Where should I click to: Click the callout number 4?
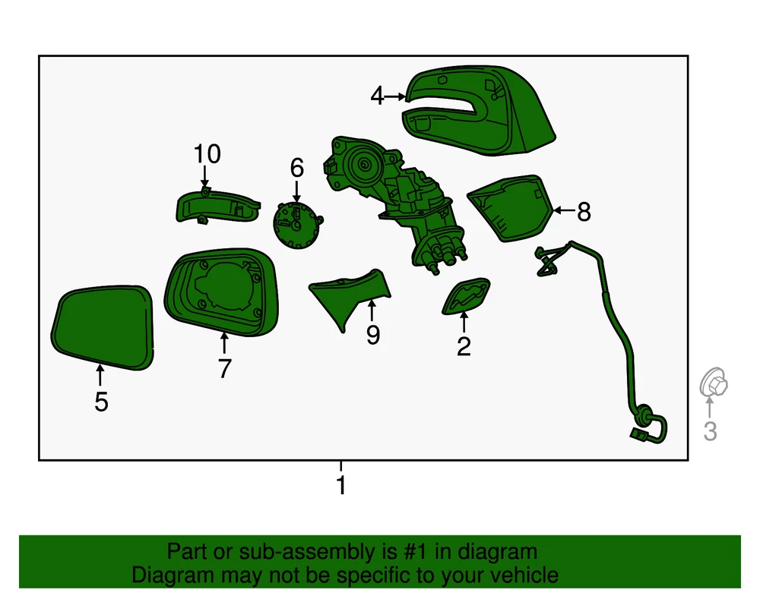click(x=377, y=96)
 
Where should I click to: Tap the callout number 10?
click(x=207, y=154)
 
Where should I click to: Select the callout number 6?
click(x=297, y=168)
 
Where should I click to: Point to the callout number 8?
click(x=584, y=212)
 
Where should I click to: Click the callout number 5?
click(x=101, y=402)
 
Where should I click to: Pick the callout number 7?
click(x=224, y=369)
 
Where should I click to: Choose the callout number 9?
click(x=372, y=335)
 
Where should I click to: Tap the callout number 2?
click(x=464, y=346)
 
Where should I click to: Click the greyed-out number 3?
click(x=710, y=431)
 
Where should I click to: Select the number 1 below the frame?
click(x=341, y=485)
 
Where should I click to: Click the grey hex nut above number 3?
click(x=714, y=383)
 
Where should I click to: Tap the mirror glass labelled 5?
click(x=103, y=327)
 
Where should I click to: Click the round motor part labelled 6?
click(x=296, y=226)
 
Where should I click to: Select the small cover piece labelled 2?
click(x=466, y=296)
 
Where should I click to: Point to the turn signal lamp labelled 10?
click(x=217, y=207)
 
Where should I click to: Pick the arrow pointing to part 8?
click(x=564, y=210)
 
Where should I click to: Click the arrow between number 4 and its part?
click(x=395, y=96)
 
